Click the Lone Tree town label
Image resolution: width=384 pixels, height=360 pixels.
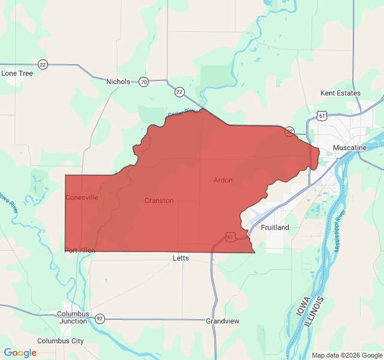tap(17, 73)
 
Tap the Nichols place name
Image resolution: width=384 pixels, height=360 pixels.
tap(118, 82)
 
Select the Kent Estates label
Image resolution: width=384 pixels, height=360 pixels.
tap(340, 93)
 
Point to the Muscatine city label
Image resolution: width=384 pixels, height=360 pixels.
tap(350, 148)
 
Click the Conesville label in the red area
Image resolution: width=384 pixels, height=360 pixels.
tap(82, 197)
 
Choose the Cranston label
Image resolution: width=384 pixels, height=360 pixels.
tap(159, 200)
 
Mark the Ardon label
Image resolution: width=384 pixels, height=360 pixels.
tap(223, 180)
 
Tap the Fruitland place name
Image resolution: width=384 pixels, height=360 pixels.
tap(275, 227)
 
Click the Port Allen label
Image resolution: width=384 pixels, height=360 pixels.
tap(80, 250)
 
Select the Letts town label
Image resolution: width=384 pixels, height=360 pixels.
tap(181, 258)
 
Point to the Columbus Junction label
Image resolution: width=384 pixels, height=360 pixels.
tap(73, 317)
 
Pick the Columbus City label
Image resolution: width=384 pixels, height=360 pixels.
tap(61, 341)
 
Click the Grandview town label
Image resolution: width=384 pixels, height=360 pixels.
tap(223, 321)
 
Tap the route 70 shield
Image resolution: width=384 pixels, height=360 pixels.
tap(143, 82)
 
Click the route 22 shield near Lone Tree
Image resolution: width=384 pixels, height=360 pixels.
tap(42, 64)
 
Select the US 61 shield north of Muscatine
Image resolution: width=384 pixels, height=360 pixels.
tap(323, 115)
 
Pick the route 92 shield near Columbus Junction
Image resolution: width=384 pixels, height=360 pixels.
tap(100, 319)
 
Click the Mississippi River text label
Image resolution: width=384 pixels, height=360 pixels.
tap(340, 231)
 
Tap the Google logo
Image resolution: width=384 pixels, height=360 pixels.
tap(20, 353)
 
